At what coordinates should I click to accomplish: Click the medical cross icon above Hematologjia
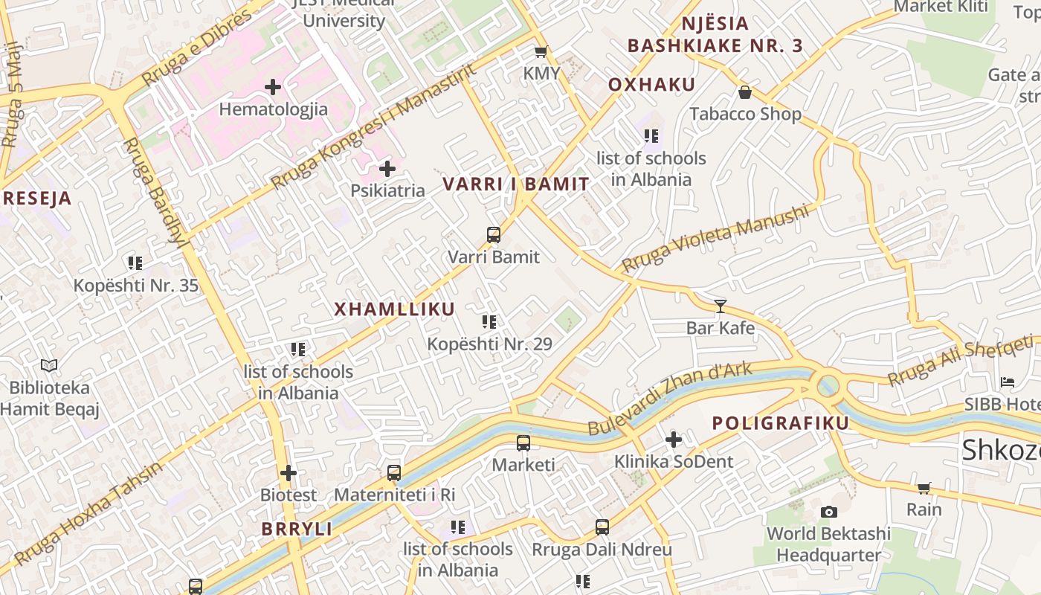[273, 87]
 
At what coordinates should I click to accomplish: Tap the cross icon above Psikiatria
[387, 169]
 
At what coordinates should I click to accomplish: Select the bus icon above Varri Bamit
[494, 235]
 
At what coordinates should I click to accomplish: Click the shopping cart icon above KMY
[541, 52]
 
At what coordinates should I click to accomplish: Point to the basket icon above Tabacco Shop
[745, 92]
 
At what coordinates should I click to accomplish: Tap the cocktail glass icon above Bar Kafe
[720, 306]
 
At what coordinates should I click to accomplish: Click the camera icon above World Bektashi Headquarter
[828, 512]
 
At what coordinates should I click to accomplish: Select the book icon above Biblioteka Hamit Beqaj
[49, 366]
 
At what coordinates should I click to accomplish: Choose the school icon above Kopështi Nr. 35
[135, 263]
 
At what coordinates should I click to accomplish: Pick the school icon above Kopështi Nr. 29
[489, 322]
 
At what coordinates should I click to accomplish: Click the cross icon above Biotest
[289, 472]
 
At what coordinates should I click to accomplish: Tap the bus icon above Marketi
[523, 443]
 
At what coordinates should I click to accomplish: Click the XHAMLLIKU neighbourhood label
[394, 309]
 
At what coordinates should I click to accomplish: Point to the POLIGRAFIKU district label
[780, 423]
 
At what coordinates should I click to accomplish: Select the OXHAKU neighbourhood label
[651, 85]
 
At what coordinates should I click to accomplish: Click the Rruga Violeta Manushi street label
[715, 239]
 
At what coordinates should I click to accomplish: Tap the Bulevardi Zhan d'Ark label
[670, 399]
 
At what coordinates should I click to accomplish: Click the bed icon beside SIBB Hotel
[1008, 382]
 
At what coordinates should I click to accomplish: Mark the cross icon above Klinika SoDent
[674, 440]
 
